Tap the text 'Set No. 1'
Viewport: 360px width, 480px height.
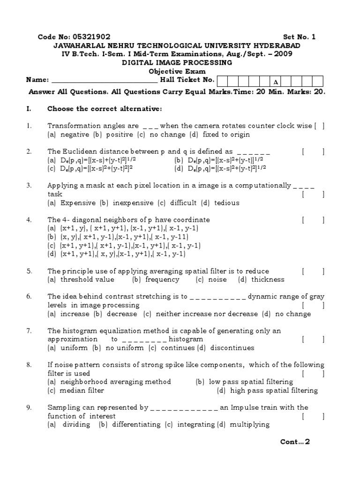pyautogui.click(x=300, y=37)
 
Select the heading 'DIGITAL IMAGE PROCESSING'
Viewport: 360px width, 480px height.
pyautogui.click(x=177, y=62)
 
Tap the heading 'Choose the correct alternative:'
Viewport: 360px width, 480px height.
pyautogui.click(x=104, y=109)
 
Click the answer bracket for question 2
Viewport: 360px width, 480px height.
pyautogui.click(x=313, y=151)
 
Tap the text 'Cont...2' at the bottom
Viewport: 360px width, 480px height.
pyautogui.click(x=295, y=442)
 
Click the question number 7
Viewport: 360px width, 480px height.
pyautogui.click(x=29, y=331)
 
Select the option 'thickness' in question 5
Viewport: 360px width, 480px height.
pyautogui.click(x=268, y=279)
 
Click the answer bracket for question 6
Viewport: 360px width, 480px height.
pyautogui.click(x=313, y=305)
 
